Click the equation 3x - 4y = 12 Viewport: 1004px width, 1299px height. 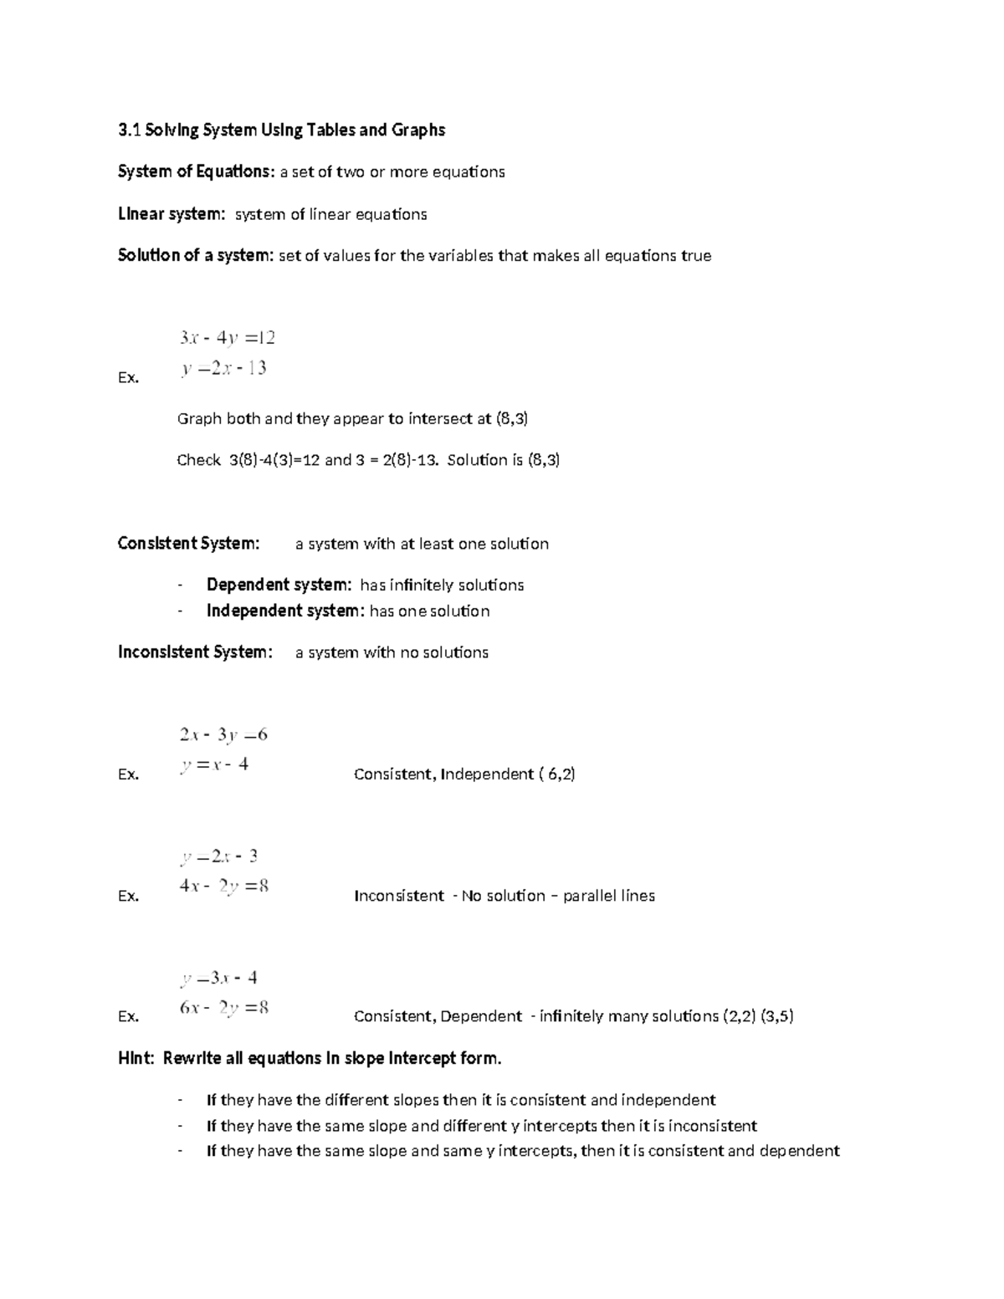227,338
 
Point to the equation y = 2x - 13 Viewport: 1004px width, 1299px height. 223,368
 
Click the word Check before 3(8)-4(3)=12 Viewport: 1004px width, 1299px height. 198,460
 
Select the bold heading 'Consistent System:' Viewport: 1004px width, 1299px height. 189,544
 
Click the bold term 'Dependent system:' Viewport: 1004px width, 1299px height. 279,585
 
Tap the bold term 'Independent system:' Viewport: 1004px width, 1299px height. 285,611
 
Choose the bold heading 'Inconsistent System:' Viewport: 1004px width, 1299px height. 195,652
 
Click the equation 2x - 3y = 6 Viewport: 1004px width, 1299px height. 223,735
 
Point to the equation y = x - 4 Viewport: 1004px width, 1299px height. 214,765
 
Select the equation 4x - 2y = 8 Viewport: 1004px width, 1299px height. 223,887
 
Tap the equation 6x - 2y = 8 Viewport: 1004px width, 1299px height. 223,1008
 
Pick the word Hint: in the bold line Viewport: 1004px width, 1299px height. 136,1059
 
